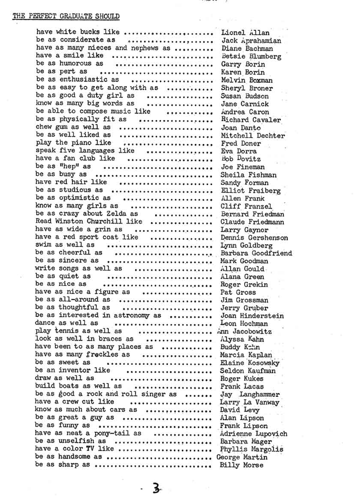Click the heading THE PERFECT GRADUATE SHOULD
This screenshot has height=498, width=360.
tap(66, 17)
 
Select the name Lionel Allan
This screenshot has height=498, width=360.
tap(245, 33)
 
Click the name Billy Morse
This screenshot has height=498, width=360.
tap(241, 465)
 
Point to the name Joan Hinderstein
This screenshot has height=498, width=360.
tap(252, 316)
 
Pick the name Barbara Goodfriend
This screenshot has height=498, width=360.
tap(256, 253)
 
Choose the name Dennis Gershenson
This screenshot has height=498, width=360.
tap(254, 237)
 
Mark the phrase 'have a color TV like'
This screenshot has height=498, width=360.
tap(75, 449)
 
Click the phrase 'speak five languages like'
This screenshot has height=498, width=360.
tap(85, 151)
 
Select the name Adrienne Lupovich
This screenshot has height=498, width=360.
tap(253, 434)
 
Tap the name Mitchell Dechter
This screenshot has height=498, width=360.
tap(252, 135)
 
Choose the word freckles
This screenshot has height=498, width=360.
tap(102, 355)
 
